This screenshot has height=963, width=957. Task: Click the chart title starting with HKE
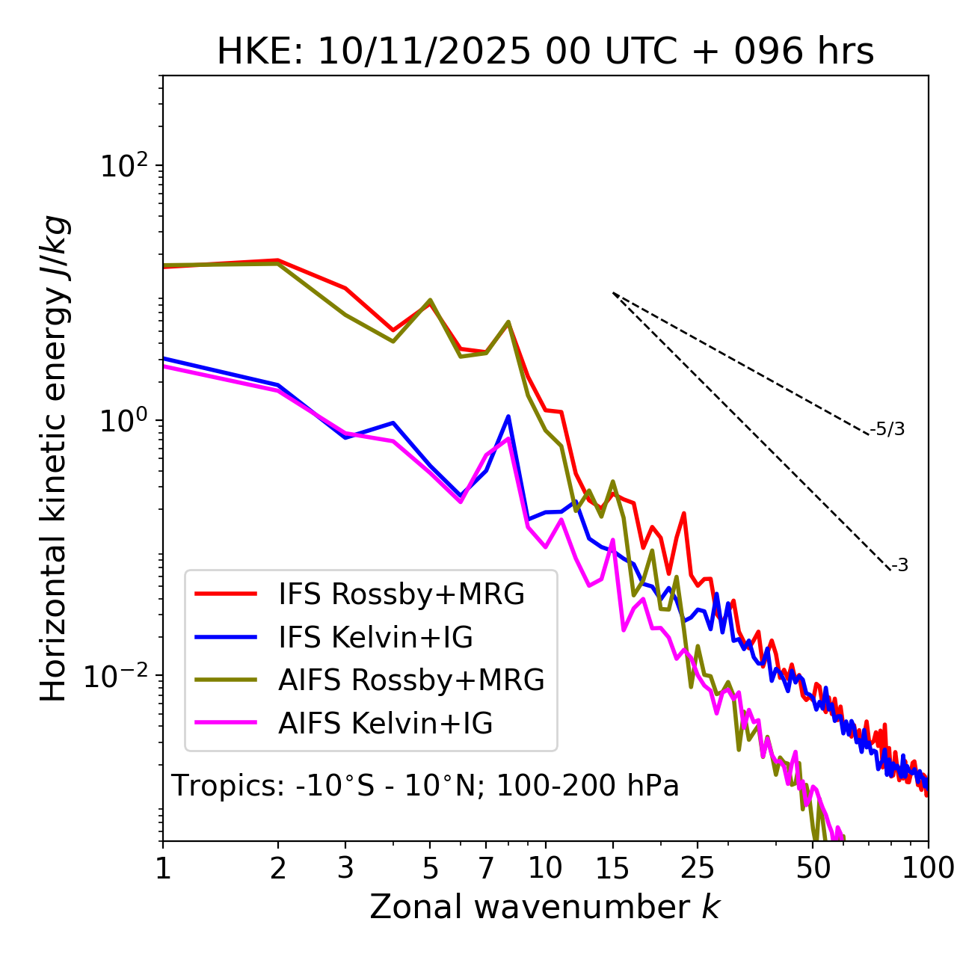pos(545,52)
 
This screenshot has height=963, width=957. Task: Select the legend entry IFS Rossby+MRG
pos(401,594)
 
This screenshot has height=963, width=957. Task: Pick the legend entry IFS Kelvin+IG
pos(375,637)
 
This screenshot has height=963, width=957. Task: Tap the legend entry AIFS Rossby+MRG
pos(411,680)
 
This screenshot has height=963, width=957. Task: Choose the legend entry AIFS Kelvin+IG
pos(385,724)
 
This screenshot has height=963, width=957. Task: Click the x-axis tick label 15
pos(612,868)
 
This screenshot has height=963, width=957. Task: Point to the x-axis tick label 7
pos(486,868)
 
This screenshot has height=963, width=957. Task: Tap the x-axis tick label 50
pos(813,868)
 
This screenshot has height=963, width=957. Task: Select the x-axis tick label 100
pos(927,868)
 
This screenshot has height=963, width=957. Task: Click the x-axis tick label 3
pos(345,868)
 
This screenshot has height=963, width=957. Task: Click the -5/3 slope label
pos(887,430)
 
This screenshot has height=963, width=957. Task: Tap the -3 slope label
pos(900,566)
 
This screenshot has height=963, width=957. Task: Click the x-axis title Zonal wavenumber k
pos(545,907)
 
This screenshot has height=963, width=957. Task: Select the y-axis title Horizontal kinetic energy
pos(54,459)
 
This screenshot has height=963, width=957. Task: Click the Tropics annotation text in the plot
pos(425,786)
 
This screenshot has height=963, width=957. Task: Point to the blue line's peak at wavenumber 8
pos(508,416)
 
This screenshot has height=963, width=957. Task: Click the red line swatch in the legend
pos(226,594)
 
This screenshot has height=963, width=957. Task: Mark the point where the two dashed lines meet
pos(613,293)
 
